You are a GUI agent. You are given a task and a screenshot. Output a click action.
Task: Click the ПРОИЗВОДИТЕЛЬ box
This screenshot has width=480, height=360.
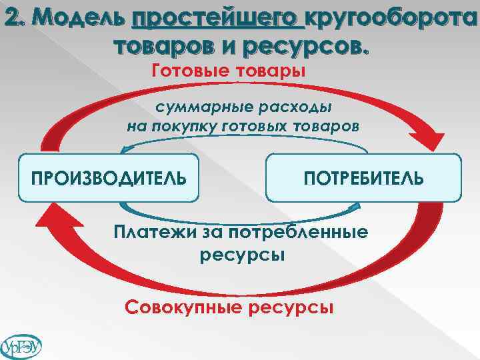(x=109, y=178)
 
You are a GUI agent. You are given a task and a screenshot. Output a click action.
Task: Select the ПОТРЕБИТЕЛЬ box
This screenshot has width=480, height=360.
(x=363, y=178)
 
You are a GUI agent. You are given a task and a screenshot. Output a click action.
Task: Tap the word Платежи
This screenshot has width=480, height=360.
(x=151, y=233)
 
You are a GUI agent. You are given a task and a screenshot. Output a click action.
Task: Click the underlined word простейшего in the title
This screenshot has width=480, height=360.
(x=218, y=21)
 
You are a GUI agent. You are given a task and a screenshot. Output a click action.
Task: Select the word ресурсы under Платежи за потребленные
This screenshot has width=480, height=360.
(x=242, y=255)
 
